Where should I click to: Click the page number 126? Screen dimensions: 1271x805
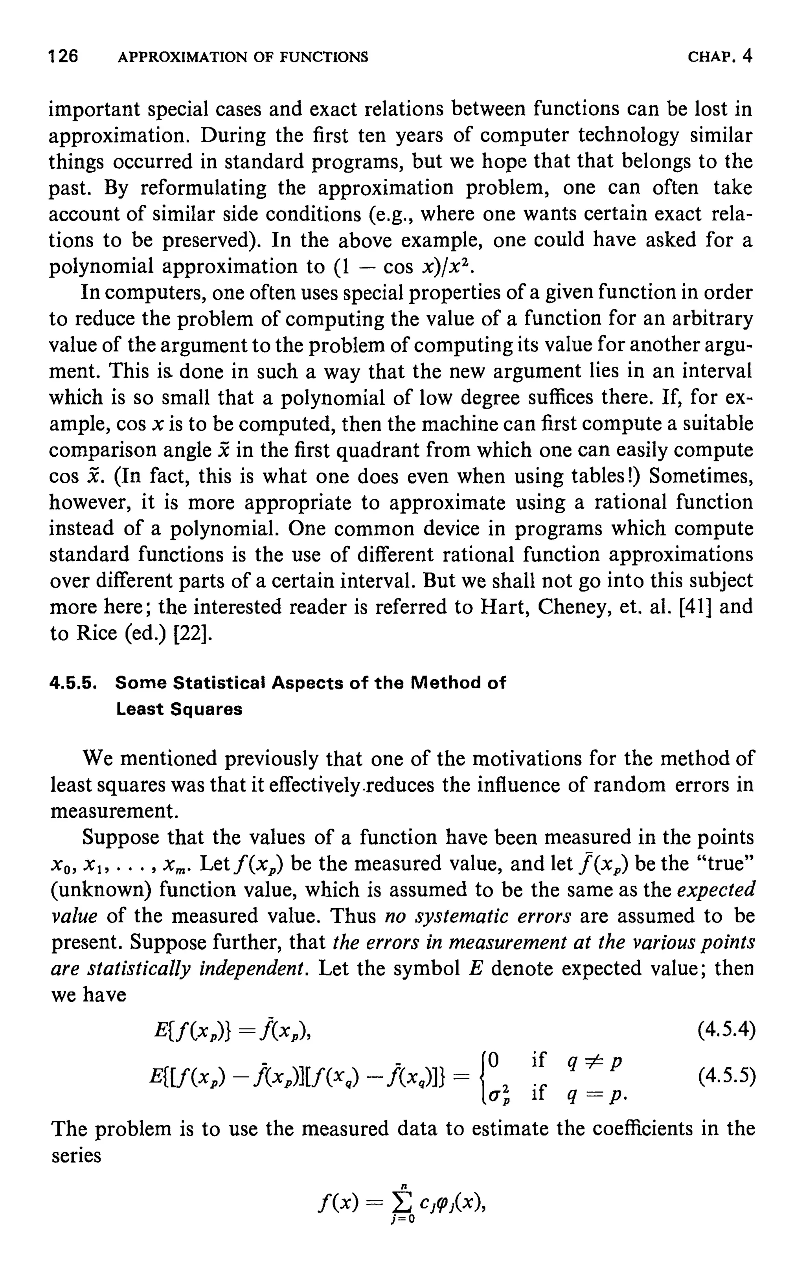click(63, 56)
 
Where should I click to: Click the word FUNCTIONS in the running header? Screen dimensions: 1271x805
click(324, 57)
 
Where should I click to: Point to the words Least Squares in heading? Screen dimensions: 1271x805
click(179, 709)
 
